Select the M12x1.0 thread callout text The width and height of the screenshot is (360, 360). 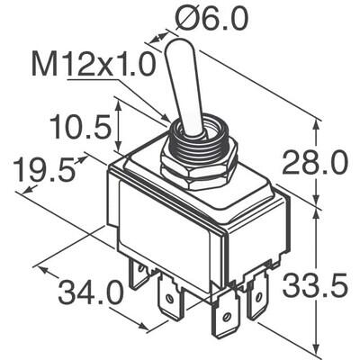[94, 65]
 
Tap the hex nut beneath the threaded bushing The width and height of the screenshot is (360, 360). [198, 170]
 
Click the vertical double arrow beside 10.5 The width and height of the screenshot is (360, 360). [120, 131]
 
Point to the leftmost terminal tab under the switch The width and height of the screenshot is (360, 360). [138, 274]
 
